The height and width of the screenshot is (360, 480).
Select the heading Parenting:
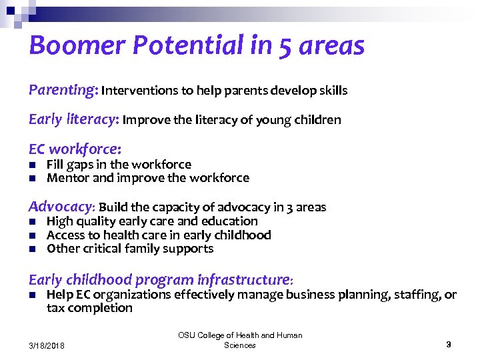point(63,90)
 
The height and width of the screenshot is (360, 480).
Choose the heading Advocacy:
point(61,207)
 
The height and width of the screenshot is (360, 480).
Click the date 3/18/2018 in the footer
point(52,345)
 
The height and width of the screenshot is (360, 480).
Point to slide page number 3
point(449,345)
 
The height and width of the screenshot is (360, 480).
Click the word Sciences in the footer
point(240,345)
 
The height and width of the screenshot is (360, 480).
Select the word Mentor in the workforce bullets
point(65,178)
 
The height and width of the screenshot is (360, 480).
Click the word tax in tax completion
point(56,308)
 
